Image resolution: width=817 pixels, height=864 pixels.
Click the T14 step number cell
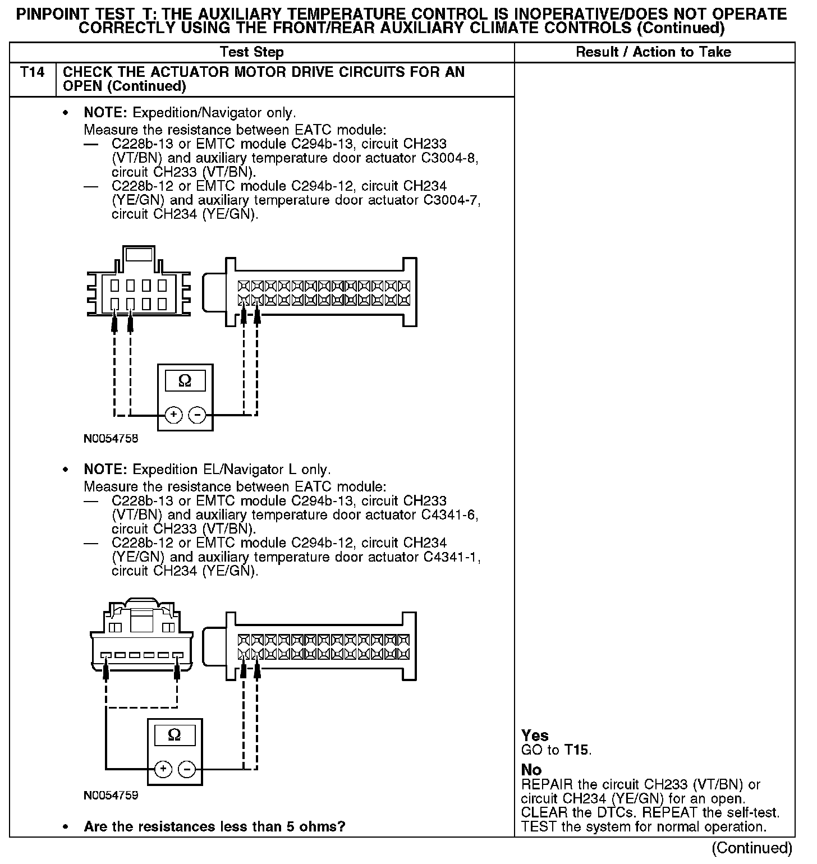[x=33, y=72]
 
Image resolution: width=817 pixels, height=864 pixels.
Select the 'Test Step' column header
[x=252, y=52]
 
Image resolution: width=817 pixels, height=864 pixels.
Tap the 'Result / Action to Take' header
[x=654, y=52]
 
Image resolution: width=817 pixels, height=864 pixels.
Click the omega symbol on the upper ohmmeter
[x=185, y=381]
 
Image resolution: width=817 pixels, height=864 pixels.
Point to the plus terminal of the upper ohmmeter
[x=174, y=415]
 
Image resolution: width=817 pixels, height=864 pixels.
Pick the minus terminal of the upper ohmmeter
[x=196, y=415]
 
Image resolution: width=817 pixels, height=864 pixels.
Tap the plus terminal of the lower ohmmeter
[x=163, y=769]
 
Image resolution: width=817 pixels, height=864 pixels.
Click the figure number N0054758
[x=111, y=439]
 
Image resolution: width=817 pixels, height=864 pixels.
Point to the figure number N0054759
[x=111, y=796]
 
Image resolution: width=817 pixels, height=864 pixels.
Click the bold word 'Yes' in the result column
[x=535, y=735]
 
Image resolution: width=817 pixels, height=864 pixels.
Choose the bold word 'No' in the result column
[x=531, y=770]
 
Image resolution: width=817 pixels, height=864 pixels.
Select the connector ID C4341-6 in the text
[x=449, y=514]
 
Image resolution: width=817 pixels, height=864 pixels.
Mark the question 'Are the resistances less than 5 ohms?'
[x=214, y=826]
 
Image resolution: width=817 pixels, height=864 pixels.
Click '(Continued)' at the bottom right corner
[x=752, y=848]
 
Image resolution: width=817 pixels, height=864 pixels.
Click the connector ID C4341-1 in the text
[x=452, y=557]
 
